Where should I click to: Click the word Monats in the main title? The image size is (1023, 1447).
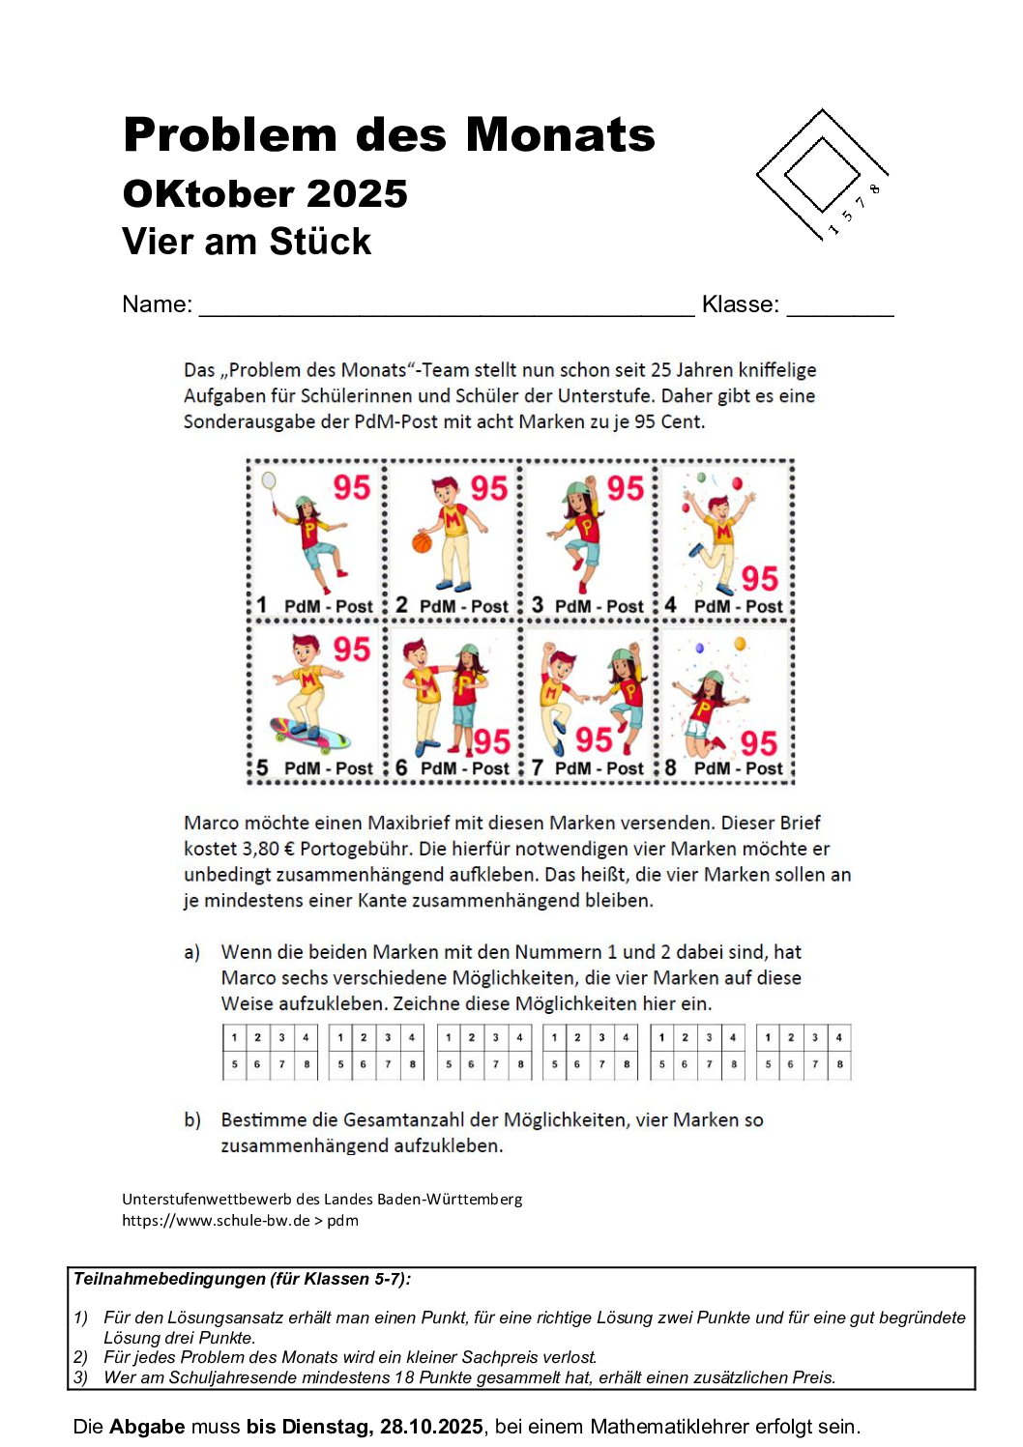[560, 135]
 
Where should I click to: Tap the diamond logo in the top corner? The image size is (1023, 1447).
[821, 175]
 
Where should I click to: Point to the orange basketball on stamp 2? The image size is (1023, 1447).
[422, 542]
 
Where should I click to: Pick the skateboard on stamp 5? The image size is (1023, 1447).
[310, 736]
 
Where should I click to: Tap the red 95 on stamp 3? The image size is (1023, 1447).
[625, 488]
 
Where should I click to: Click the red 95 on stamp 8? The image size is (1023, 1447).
[759, 743]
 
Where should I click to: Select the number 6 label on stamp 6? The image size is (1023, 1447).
[401, 767]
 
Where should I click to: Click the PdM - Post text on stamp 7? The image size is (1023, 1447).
[599, 768]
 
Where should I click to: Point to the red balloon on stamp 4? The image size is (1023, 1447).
[737, 483]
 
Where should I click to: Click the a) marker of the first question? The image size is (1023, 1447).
[192, 953]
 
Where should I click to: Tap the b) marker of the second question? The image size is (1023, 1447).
[192, 1120]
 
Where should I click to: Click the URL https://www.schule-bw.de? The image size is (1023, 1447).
[216, 1221]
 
